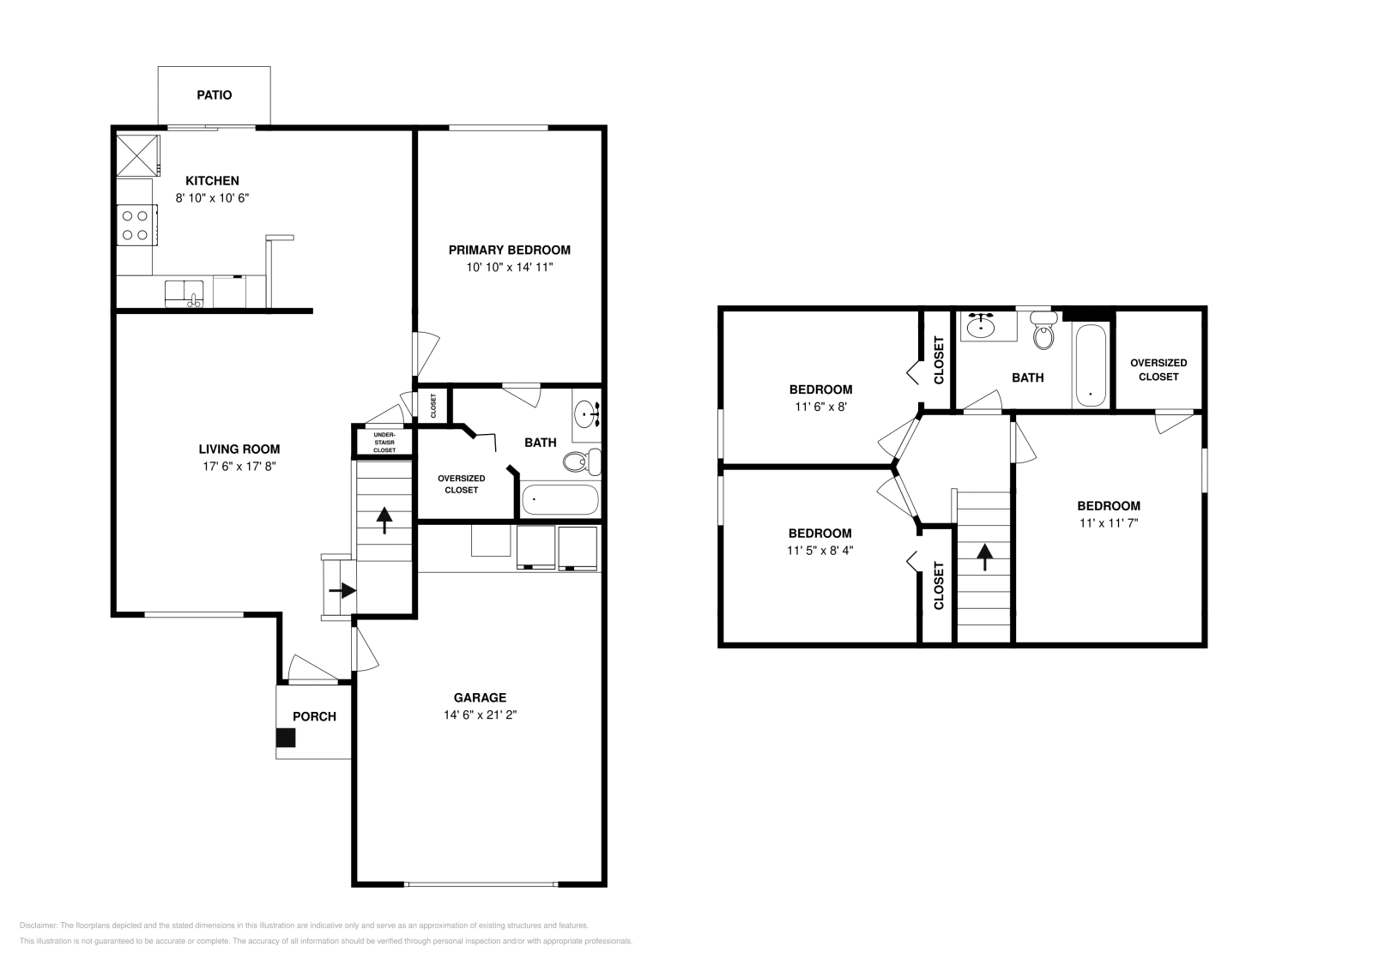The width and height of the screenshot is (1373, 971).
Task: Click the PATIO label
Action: [214, 95]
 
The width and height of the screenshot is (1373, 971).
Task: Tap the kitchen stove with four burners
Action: [135, 225]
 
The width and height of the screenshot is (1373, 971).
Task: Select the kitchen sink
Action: [184, 292]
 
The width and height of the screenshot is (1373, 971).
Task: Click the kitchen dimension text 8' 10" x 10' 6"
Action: [212, 198]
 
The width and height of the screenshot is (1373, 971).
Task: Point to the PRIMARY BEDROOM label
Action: [509, 250]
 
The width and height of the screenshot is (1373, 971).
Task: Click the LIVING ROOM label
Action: [239, 449]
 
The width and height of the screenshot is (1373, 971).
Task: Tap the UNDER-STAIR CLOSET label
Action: [384, 443]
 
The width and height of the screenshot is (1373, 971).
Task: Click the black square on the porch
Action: [286, 738]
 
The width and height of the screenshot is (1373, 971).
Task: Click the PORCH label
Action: [314, 717]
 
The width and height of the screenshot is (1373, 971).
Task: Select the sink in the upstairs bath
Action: [980, 326]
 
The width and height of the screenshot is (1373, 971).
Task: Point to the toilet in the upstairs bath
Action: [1043, 331]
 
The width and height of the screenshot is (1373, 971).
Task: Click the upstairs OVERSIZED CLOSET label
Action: [1158, 370]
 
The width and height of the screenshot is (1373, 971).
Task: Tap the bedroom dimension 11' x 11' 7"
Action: [1108, 522]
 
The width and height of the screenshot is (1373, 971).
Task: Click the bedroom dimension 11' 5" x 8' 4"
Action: [820, 551]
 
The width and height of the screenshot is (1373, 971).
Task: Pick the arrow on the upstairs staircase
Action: [983, 558]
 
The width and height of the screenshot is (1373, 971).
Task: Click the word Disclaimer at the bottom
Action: [37, 926]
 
